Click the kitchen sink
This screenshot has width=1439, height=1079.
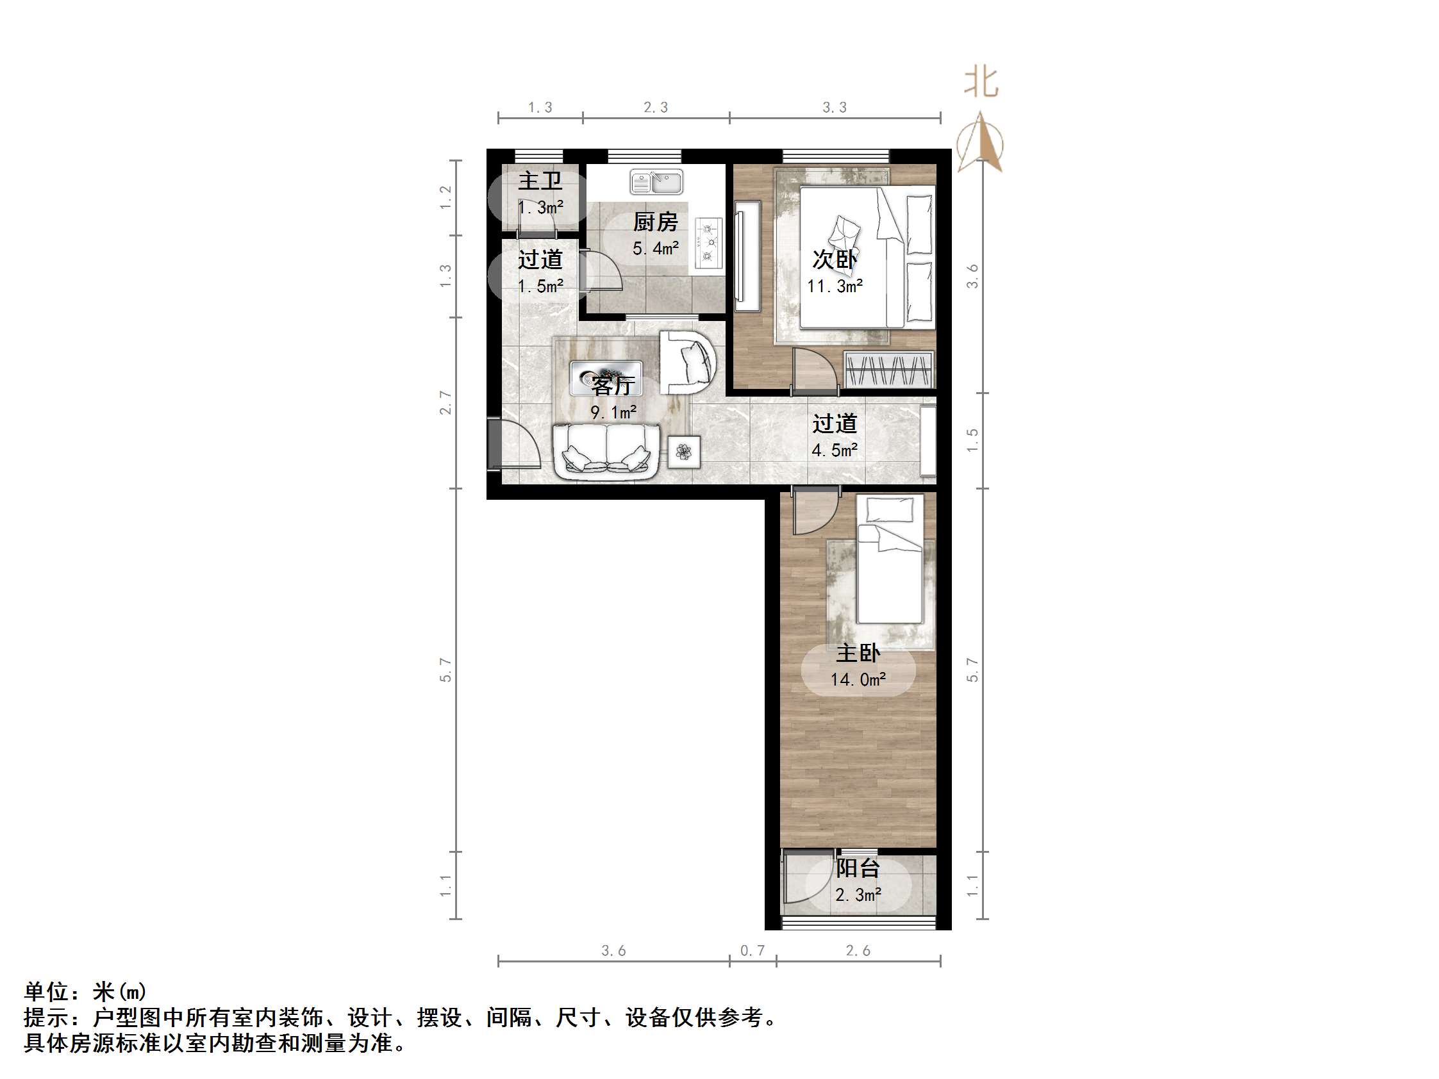coord(656,181)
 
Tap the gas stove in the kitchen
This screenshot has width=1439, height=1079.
coord(708,243)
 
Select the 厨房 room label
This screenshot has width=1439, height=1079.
coord(655,222)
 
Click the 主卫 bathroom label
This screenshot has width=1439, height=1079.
coord(539,181)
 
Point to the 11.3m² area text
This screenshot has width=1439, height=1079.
coord(835,286)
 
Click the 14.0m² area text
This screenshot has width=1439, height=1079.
coord(858,680)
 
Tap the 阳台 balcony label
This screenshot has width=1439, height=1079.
coord(858,868)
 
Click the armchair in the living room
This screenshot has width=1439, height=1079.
coord(688,361)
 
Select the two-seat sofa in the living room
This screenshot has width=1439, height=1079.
coord(606,451)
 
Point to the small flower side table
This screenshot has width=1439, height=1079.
coord(684,451)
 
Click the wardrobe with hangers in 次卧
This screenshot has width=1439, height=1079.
coord(888,370)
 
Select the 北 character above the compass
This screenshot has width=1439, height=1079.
coord(980,83)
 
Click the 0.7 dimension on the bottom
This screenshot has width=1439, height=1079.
coord(752,951)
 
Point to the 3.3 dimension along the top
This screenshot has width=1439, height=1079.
coord(834,107)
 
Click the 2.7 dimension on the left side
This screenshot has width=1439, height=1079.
coord(445,402)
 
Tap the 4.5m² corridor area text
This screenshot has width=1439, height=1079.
coord(834,450)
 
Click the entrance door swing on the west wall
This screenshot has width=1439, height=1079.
coord(515,444)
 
